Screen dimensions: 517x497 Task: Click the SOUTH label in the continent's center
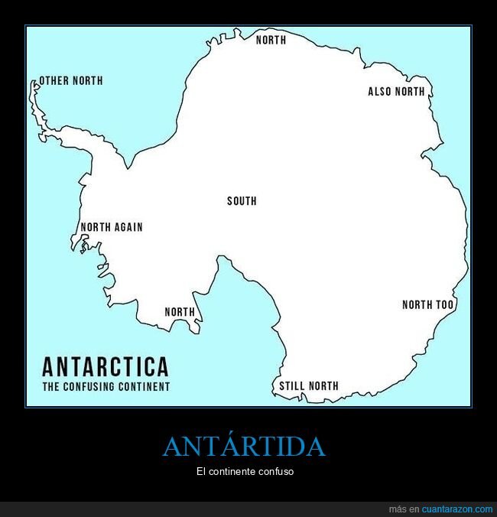[242, 201]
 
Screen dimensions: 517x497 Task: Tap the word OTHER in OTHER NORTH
[54, 80]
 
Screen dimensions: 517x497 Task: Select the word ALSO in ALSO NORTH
[380, 92]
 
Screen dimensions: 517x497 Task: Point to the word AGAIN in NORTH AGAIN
[128, 227]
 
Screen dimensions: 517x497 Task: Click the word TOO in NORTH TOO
[445, 305]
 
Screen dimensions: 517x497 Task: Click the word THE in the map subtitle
[50, 387]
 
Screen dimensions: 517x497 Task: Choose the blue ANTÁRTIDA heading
[244, 447]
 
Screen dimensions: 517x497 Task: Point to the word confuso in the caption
[276, 472]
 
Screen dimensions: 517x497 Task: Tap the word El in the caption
[200, 472]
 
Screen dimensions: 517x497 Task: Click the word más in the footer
[397, 509]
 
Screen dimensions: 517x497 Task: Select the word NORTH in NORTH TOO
[417, 305]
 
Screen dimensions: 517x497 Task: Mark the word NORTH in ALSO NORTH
[410, 92]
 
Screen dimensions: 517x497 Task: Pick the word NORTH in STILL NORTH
[323, 386]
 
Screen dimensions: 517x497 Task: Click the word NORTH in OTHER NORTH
[87, 80]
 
